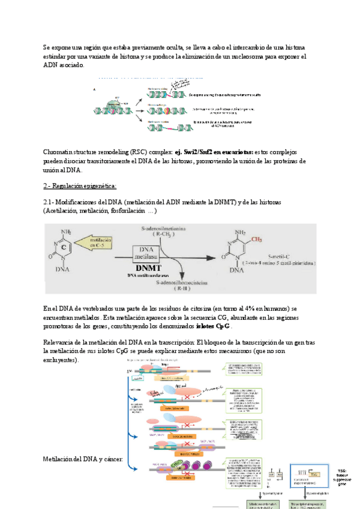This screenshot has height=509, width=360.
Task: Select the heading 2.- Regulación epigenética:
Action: [x=80, y=185]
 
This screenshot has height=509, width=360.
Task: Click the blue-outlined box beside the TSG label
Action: [x=308, y=471]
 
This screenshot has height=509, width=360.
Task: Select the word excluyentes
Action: [x=61, y=360]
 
